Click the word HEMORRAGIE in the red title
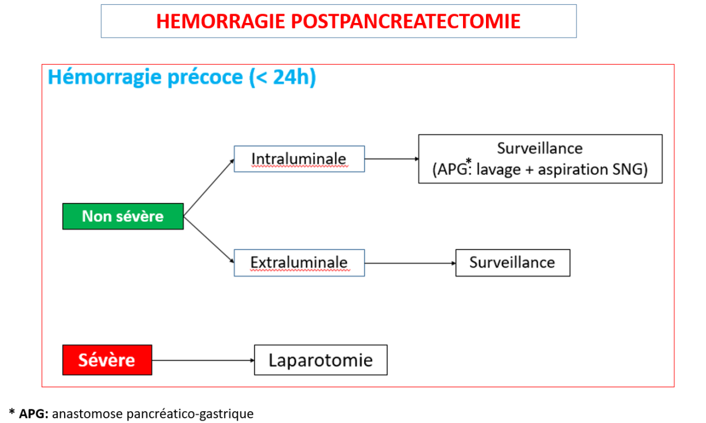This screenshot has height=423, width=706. [x=221, y=21]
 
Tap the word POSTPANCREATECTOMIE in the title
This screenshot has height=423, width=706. [x=405, y=21]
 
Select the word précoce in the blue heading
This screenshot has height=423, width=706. [x=205, y=77]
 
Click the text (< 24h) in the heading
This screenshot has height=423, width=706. [x=282, y=77]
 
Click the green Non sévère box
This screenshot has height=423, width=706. [x=123, y=217]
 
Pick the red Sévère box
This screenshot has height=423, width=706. [x=107, y=360]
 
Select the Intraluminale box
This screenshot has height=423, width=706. [x=299, y=159]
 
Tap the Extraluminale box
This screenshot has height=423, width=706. [x=299, y=263]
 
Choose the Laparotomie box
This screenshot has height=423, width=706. [x=321, y=360]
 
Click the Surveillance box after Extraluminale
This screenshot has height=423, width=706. [x=513, y=263]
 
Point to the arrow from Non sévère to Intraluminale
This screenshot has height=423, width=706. [x=209, y=188]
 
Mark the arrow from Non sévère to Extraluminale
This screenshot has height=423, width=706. [x=209, y=239]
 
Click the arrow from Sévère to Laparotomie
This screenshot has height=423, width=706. [x=203, y=360]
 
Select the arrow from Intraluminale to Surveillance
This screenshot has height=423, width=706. [x=391, y=159]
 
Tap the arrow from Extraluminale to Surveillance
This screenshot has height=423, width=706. [x=410, y=263]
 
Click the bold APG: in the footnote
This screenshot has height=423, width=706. [x=34, y=414]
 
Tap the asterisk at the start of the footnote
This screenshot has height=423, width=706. [x=12, y=411]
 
